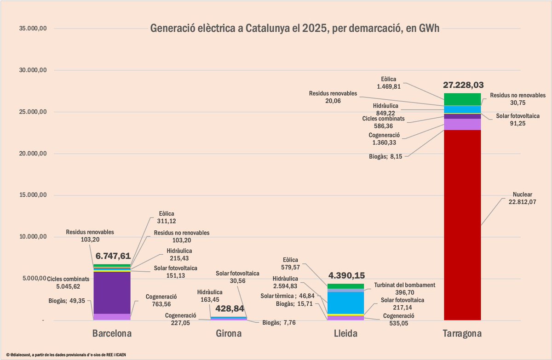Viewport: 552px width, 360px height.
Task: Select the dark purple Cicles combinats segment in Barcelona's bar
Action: coord(112,292)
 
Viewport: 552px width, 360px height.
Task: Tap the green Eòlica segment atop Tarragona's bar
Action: coord(462,99)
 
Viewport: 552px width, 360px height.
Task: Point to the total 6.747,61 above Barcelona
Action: coord(112,256)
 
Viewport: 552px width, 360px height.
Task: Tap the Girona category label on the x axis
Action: coord(228,333)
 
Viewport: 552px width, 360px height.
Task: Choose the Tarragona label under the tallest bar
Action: coord(463,333)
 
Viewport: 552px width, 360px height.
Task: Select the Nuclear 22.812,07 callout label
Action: coord(523,198)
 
